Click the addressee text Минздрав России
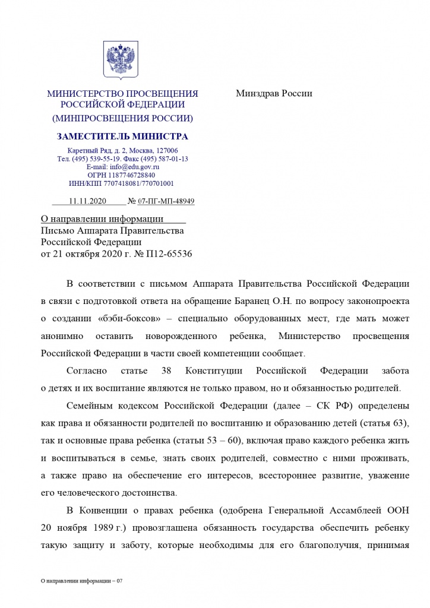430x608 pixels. point(274,93)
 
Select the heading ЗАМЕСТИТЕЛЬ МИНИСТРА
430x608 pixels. point(122,137)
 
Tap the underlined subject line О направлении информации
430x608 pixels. point(102,219)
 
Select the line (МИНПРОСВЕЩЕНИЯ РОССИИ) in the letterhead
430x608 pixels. point(122,118)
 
